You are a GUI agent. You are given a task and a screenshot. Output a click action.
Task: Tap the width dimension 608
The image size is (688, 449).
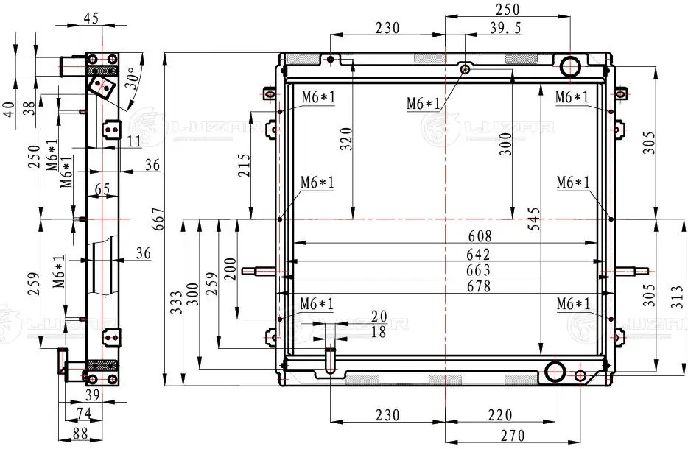480,236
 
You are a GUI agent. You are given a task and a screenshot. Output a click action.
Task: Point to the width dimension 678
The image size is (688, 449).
479,286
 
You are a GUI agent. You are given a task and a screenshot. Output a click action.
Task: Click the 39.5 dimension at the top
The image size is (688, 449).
505,28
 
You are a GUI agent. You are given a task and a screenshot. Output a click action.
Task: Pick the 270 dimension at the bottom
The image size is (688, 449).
513,436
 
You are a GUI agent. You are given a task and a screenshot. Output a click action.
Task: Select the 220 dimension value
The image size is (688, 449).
499,415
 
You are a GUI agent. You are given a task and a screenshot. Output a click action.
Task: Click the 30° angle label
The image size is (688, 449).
131,78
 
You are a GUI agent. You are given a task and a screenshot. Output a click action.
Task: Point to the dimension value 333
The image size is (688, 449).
176,303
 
